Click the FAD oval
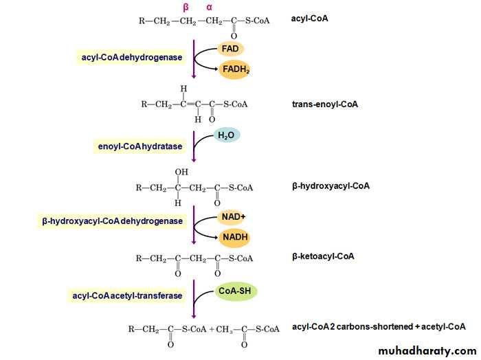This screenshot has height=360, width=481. [230, 49]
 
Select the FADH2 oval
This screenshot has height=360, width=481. [235, 70]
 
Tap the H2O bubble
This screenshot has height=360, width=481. [226, 135]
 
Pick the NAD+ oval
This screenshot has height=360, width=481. [234, 217]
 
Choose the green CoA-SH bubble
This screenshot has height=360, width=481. [236, 291]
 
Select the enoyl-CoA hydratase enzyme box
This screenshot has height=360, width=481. [139, 146]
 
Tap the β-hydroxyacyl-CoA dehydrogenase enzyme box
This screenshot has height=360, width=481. [113, 221]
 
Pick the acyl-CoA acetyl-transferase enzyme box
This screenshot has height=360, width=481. [128, 295]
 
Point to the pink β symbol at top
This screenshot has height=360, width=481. [186, 8]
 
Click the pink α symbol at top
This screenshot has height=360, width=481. [210, 8]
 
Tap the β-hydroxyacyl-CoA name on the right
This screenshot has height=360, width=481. [331, 185]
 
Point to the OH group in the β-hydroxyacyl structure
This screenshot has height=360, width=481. [181, 172]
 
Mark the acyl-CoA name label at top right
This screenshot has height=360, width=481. [309, 18]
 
